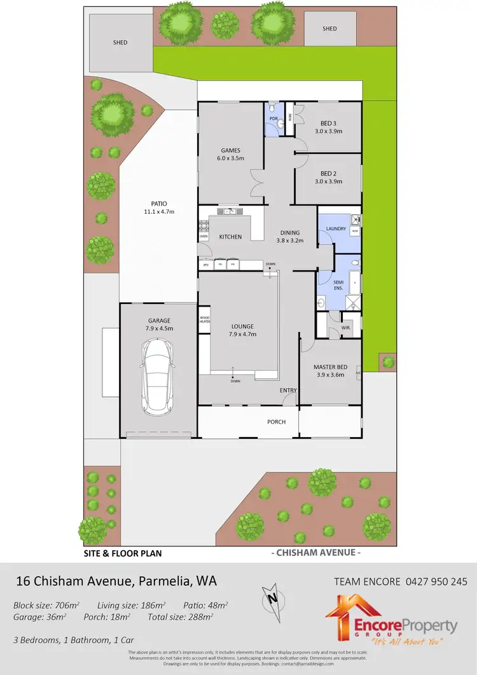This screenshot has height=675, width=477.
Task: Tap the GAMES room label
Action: point(230,150)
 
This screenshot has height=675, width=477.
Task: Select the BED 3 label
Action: point(328,123)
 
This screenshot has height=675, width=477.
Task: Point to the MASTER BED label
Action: point(330,367)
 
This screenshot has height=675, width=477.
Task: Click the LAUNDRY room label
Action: point(335,228)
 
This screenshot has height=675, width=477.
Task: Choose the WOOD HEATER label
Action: point(204,319)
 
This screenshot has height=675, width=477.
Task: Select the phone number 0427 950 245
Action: point(435,581)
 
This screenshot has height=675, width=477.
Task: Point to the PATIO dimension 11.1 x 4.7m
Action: point(158,211)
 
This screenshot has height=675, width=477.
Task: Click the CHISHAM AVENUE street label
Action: point(316,552)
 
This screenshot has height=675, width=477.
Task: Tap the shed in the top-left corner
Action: point(120,42)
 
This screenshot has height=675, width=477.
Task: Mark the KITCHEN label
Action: point(230,237)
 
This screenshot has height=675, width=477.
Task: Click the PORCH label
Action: point(276,422)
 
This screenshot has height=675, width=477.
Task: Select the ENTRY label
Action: point(288,390)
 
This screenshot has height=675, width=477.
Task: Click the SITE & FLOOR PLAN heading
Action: point(123,553)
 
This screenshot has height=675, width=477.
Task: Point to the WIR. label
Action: point(346,328)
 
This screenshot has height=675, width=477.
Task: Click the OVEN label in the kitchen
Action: point(204,237)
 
